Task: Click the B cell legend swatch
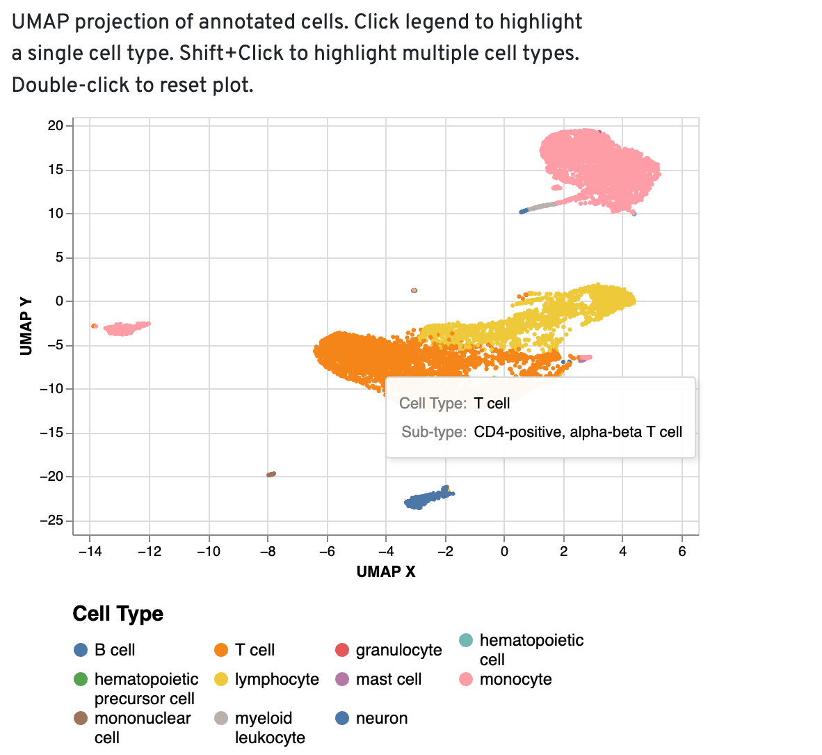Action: point(81,650)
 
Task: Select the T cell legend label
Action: point(255,650)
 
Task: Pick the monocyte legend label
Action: point(515,679)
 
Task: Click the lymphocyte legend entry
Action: point(277,679)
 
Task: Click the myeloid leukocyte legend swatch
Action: point(221,718)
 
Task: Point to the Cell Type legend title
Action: point(118,614)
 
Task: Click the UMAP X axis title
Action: point(386,572)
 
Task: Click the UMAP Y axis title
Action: point(26,326)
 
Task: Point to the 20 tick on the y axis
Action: point(56,126)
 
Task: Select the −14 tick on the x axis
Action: point(89,552)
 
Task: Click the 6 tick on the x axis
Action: point(682,552)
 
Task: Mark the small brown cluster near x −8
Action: point(271,475)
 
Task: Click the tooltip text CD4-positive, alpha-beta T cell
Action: point(578,432)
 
